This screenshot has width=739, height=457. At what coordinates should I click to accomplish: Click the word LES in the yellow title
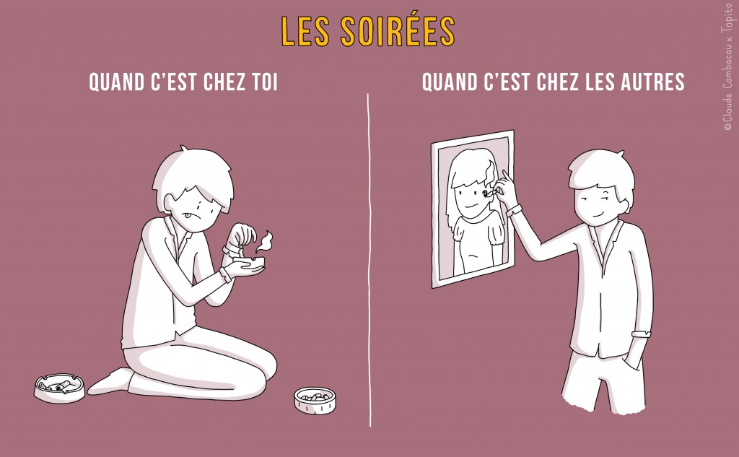coord(306,30)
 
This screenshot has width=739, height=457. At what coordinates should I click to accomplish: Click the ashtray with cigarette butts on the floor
coord(59,388)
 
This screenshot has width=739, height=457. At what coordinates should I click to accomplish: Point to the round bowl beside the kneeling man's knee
coord(315,399)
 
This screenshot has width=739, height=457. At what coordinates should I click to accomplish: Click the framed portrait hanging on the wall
coord(473,209)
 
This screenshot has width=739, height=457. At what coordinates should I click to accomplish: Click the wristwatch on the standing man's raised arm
coord(513,211)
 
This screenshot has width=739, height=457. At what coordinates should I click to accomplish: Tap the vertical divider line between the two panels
coord(369,260)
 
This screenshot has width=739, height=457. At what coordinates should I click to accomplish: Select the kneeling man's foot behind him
coord(108,380)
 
